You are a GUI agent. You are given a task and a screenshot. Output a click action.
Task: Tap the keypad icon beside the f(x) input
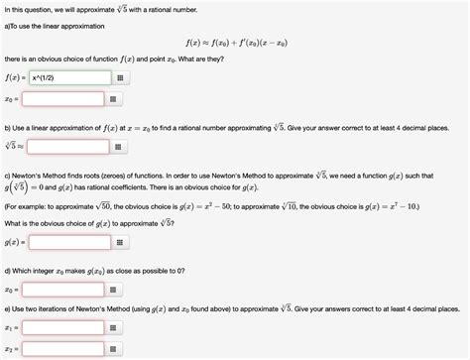coord(118,77)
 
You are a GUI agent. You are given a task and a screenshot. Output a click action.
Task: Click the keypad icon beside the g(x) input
coord(118,241)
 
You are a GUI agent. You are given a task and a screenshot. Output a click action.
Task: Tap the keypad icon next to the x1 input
coord(118,327)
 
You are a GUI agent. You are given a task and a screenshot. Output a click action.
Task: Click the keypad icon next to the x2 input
coord(118,349)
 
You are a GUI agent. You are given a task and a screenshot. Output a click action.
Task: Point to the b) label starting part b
coord(8,127)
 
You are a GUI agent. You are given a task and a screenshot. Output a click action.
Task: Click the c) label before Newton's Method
coord(8,171)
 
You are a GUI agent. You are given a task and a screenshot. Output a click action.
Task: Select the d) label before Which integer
coord(8,271)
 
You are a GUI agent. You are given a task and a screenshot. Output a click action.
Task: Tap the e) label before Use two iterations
coord(8,309)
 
